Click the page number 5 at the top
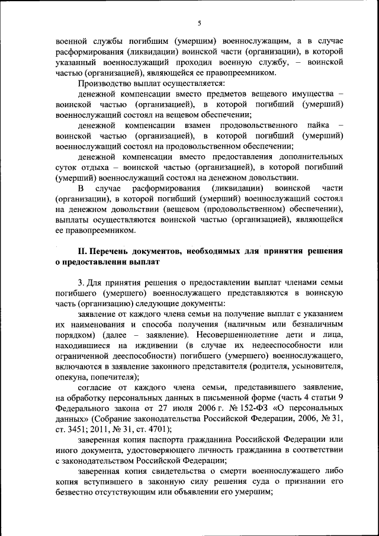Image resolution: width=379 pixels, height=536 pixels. coord(200,23)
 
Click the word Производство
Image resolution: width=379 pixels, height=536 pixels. coord(105,83)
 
